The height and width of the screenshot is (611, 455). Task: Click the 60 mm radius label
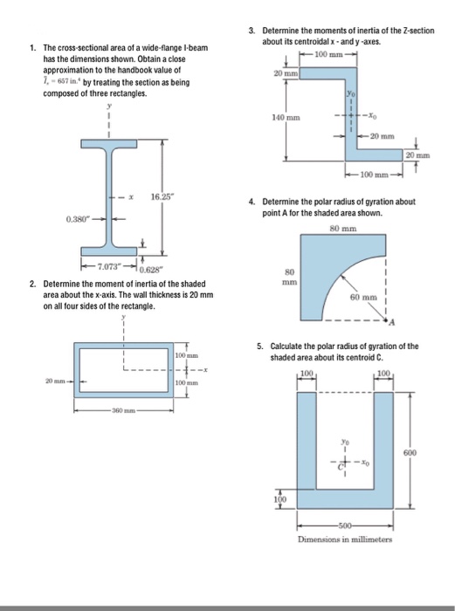(362, 298)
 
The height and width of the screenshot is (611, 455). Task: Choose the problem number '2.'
(32, 285)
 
